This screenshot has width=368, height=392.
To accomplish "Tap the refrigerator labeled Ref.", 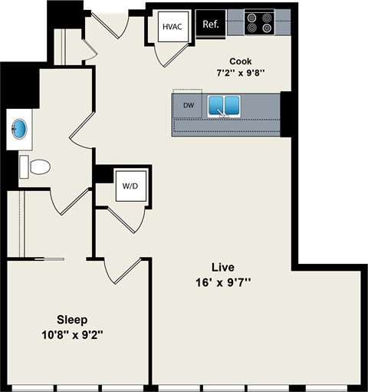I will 210,24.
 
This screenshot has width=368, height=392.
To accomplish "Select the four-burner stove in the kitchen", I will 259,23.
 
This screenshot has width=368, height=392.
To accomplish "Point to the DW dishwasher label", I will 188,105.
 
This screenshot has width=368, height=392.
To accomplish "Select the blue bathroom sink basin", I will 20,128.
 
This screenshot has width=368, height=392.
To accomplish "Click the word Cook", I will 241,61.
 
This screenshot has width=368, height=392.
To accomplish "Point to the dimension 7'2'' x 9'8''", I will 240,74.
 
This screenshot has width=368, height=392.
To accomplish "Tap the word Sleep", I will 72,319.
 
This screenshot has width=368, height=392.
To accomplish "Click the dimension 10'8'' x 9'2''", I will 72,334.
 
